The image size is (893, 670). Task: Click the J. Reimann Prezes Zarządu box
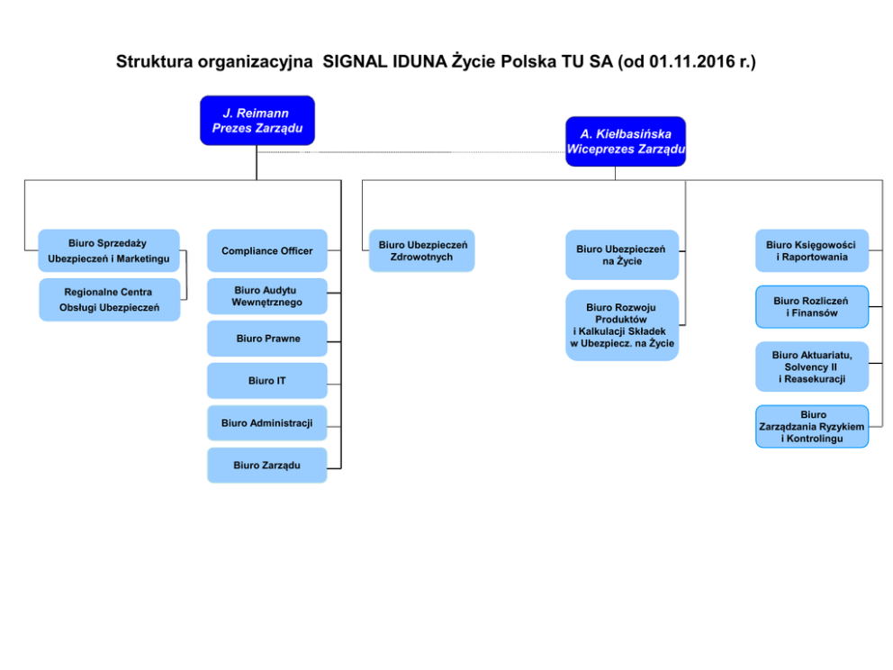257,120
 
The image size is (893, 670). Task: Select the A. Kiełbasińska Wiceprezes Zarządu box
626,141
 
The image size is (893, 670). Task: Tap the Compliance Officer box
267,250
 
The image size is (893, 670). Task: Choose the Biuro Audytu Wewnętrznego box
267,296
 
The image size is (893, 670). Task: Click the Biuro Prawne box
267,339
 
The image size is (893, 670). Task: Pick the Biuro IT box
267,381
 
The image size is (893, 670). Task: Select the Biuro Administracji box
267,422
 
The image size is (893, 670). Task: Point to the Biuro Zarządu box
267,466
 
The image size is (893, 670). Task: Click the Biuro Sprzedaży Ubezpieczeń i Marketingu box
109,250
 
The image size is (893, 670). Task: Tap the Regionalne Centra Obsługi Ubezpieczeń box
109,300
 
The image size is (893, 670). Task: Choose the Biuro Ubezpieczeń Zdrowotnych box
422,250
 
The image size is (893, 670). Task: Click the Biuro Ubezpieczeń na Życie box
622,255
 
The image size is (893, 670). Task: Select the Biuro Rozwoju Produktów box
622,325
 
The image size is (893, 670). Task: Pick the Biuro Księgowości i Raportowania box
812,250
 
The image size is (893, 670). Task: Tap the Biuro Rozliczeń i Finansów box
812,307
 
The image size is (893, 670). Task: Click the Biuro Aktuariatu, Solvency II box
812,367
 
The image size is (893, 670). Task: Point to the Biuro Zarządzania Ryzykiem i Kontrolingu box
812,427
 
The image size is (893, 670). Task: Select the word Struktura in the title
154,61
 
